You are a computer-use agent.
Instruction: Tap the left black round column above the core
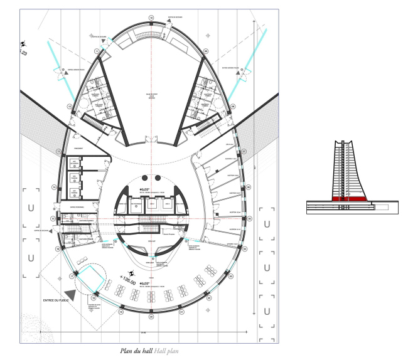tap(144, 177)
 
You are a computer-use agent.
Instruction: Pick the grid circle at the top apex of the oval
tap(151, 17)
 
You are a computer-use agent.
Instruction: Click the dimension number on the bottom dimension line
tap(143, 333)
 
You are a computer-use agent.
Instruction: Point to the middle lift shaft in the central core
tap(151, 204)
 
